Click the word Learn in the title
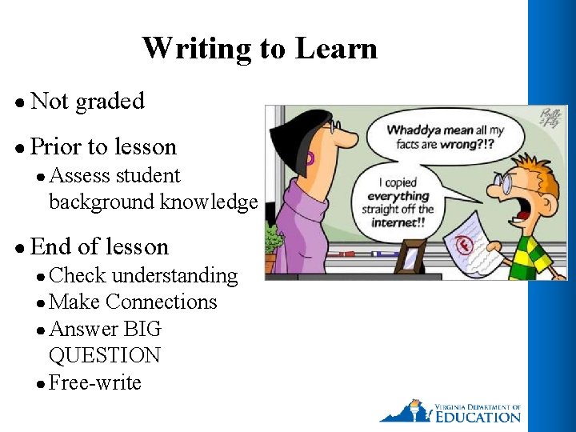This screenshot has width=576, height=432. coord(336,49)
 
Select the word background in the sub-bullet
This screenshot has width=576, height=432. coord(102,202)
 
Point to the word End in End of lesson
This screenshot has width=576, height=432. coord(50,246)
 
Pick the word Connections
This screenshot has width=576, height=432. coord(161,302)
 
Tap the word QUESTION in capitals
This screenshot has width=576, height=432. coord(104,355)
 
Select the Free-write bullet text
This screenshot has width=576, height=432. coord(94,383)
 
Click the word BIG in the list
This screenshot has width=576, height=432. coord(143,329)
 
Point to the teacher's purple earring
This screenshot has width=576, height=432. coord(310,158)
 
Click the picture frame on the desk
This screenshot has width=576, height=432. coord(410,256)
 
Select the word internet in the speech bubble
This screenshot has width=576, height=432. coord(398,222)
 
